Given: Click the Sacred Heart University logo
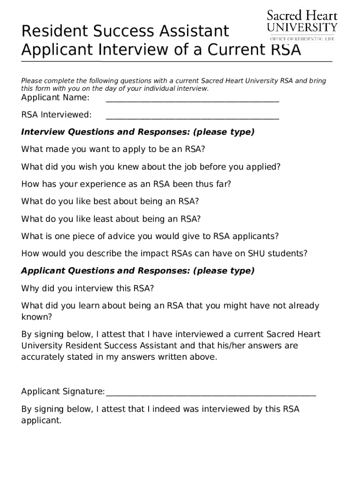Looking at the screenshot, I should pyautogui.click(x=302, y=21).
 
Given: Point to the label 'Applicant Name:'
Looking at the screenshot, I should pyautogui.click(x=55, y=98).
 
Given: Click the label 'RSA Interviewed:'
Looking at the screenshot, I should pyautogui.click(x=57, y=115).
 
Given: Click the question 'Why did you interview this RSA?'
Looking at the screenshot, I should pyautogui.click(x=87, y=289).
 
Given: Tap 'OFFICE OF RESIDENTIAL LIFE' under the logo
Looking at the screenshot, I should pyautogui.click(x=302, y=39).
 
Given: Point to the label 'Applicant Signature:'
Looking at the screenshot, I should pyautogui.click(x=63, y=392).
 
